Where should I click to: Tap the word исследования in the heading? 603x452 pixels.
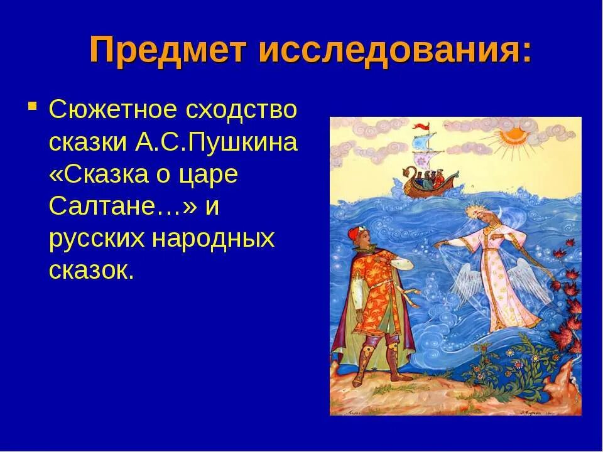[387, 50]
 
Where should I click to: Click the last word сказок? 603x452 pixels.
[91, 271]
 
